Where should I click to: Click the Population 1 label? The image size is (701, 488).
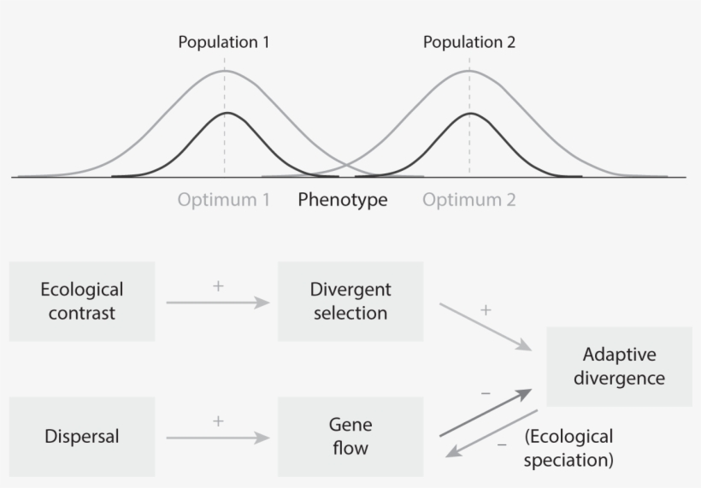(224, 41)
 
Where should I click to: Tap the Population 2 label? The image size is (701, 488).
(469, 41)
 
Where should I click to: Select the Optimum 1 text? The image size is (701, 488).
(224, 200)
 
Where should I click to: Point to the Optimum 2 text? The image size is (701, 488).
(469, 200)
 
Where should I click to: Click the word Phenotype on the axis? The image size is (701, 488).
(343, 200)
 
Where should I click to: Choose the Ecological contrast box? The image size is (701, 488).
(82, 301)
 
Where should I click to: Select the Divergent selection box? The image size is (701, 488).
(350, 301)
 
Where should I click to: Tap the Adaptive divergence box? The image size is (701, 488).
(619, 366)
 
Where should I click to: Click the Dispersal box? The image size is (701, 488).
(82, 436)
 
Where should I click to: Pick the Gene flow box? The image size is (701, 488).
(350, 436)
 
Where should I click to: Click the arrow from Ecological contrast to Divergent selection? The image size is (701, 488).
(218, 303)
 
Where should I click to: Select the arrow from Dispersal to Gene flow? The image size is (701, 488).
(218, 438)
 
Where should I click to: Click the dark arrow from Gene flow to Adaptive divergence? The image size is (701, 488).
(486, 413)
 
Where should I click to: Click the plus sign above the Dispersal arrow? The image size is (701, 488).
(218, 420)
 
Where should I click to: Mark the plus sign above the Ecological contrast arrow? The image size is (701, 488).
(218, 285)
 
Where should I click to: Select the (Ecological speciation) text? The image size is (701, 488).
(569, 448)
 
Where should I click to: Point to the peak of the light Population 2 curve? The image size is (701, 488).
(469, 70)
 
